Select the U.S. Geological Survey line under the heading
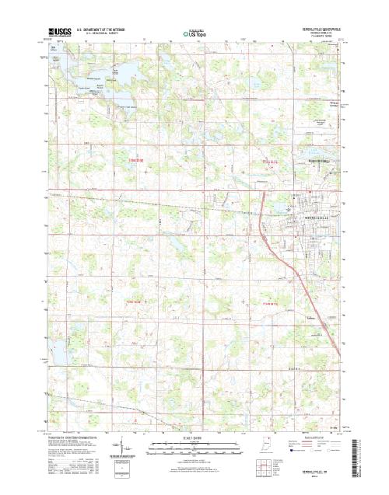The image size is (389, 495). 92,35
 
